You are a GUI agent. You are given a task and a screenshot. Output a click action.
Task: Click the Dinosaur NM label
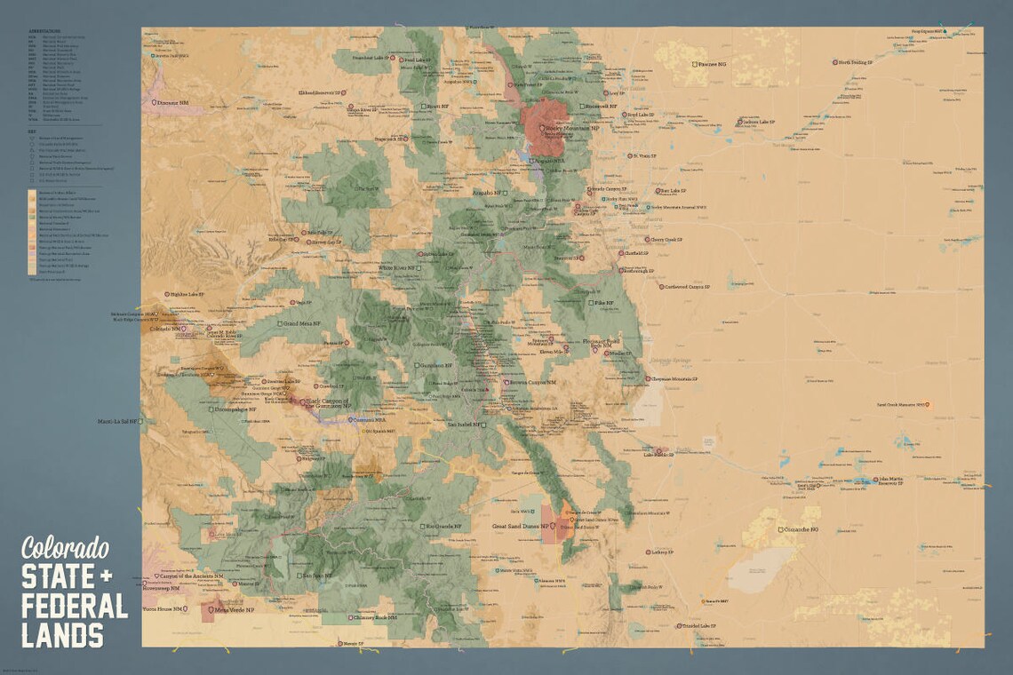point(174,103)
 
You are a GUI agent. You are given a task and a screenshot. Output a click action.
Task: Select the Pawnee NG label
point(713,64)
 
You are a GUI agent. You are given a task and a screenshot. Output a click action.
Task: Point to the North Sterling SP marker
point(835,63)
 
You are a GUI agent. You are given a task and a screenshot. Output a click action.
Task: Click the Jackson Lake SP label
point(760,122)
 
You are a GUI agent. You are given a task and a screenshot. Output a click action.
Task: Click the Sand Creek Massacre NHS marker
point(928,405)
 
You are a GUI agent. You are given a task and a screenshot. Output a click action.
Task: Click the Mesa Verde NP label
point(232,610)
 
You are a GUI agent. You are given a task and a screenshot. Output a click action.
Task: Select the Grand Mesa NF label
point(302,323)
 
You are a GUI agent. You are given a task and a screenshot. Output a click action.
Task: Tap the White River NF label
point(397,267)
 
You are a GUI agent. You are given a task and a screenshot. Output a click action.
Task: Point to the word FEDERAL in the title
point(75,606)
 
